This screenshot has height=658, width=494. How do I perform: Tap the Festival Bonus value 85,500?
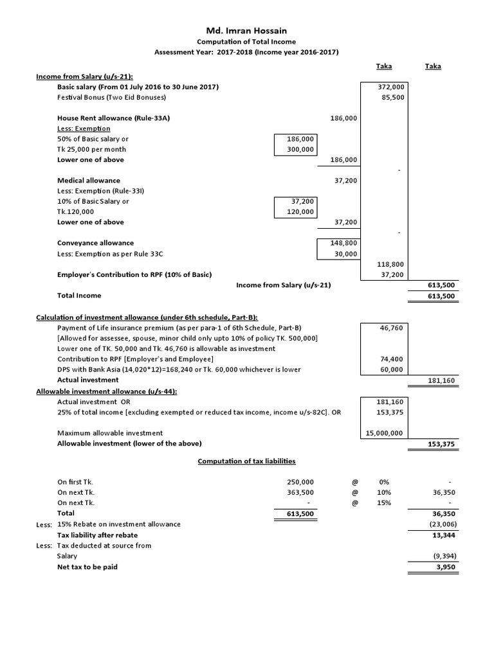coord(392,97)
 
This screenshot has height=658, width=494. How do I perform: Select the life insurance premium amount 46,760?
coord(392,327)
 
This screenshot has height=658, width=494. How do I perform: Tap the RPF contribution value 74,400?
coord(392,359)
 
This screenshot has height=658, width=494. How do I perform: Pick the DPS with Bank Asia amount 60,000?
coord(392,369)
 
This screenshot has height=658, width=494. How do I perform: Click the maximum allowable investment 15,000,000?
coord(385,433)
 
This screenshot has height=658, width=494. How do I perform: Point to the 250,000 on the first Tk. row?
coord(300,481)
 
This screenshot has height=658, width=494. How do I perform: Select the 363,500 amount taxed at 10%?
coord(300,492)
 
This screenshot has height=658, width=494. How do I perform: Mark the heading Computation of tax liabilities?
coord(246,461)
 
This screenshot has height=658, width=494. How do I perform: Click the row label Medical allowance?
coord(89,181)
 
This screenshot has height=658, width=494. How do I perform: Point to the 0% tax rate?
coord(385,481)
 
